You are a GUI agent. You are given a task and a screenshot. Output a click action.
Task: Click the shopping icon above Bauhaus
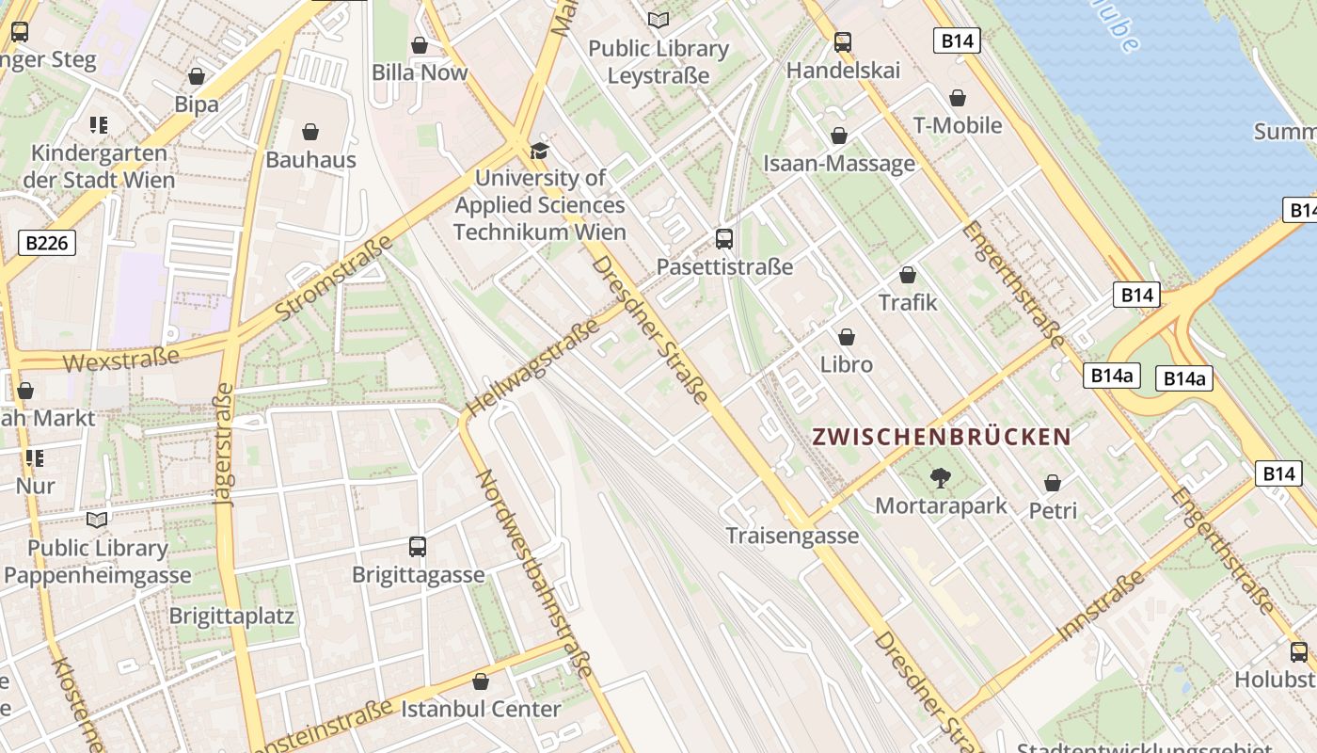click(310, 132)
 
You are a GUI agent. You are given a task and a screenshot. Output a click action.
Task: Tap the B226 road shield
click(47, 244)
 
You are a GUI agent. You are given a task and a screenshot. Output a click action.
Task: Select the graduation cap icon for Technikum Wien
click(539, 151)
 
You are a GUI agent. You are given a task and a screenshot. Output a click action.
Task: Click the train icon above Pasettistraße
click(723, 239)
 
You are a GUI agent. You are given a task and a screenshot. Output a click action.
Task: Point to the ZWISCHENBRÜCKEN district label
click(942, 437)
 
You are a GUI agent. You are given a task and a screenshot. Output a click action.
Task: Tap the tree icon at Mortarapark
click(939, 478)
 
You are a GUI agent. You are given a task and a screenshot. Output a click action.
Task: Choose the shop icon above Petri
click(1053, 483)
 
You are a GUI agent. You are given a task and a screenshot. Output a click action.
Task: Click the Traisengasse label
click(792, 536)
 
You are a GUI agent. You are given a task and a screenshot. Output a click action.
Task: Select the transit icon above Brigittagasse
click(418, 547)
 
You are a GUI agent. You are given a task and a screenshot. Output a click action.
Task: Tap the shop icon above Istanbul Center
click(481, 681)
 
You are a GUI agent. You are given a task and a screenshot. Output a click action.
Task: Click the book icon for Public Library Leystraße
click(658, 20)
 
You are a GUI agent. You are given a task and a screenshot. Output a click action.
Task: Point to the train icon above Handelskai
click(843, 42)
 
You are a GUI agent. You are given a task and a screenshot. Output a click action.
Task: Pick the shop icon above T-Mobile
click(958, 98)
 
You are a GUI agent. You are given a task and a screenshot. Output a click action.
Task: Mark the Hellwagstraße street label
click(533, 367)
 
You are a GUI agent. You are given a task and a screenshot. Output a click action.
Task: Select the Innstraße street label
click(1102, 605)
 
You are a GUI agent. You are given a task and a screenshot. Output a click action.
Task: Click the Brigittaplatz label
click(231, 617)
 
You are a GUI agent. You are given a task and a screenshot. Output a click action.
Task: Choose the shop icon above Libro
click(847, 337)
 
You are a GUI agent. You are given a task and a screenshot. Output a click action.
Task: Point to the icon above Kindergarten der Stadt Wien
click(99, 124)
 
